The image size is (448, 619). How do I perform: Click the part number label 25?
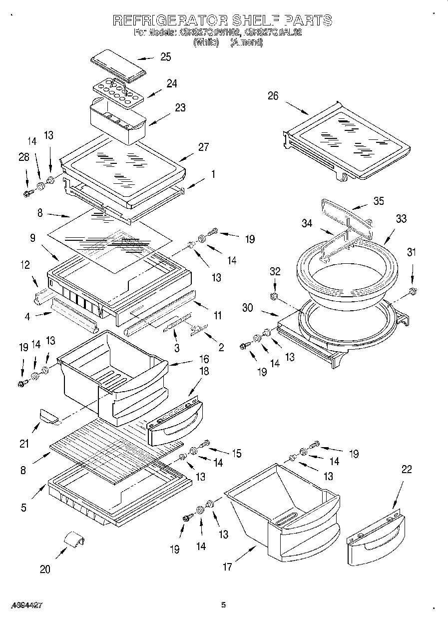[x=165, y=57]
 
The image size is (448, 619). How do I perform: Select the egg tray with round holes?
[x=118, y=92]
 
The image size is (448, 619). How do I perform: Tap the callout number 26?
[x=273, y=96]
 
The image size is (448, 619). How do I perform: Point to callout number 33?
[x=401, y=219]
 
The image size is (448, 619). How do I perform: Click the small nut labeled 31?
[x=412, y=291]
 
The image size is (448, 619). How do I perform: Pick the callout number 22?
[x=407, y=470]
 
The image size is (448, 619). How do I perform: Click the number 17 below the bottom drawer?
[x=227, y=567]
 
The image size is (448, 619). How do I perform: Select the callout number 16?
[x=204, y=359]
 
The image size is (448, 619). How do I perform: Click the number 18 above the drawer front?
[x=204, y=371]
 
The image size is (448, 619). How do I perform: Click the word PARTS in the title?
[x=308, y=20]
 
